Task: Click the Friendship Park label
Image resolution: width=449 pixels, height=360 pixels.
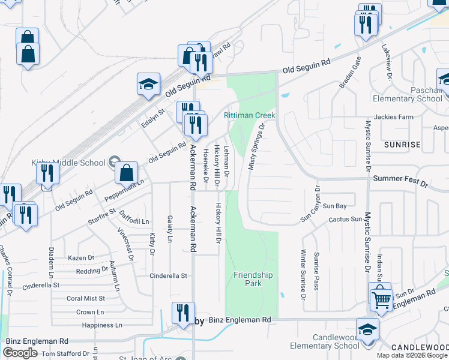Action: (x=253, y=279)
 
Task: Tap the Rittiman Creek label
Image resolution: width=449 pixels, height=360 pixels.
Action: (x=250, y=115)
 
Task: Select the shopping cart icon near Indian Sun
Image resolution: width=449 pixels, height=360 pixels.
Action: (x=382, y=298)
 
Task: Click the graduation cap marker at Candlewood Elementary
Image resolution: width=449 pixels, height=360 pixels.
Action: (x=367, y=329)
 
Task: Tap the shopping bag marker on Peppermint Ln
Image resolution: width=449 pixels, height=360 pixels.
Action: (x=127, y=173)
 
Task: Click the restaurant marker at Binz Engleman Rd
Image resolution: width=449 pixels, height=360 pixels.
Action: (x=182, y=312)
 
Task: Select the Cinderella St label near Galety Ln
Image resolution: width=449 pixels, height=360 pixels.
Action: (x=169, y=276)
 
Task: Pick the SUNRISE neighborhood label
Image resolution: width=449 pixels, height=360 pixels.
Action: (x=403, y=145)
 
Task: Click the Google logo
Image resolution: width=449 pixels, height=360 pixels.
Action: (x=20, y=353)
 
